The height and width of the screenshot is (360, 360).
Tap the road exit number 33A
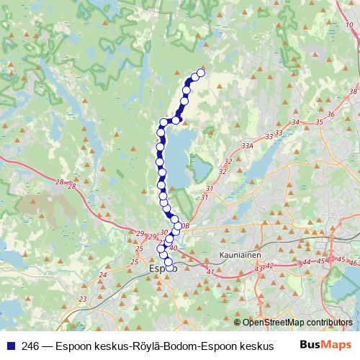pos(248,145)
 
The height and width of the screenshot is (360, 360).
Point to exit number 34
pos(294,122)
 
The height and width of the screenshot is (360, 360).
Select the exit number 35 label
pos(318,122)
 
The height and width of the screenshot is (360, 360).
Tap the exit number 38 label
pos(352,91)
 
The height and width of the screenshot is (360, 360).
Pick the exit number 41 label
pos(210,272)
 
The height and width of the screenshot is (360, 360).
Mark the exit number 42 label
pos(270,266)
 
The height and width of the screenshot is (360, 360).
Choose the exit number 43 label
pos(258,269)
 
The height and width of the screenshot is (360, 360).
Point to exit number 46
pos(352,264)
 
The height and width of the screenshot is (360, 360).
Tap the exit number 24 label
pos(103,274)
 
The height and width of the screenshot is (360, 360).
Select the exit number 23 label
pos(83,298)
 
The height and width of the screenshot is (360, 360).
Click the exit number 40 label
pos(173,249)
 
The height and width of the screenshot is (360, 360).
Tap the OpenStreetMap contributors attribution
pos(297,322)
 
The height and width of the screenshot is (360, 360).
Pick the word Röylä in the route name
pos(138,346)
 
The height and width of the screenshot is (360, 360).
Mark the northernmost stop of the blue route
pos(200,72)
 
